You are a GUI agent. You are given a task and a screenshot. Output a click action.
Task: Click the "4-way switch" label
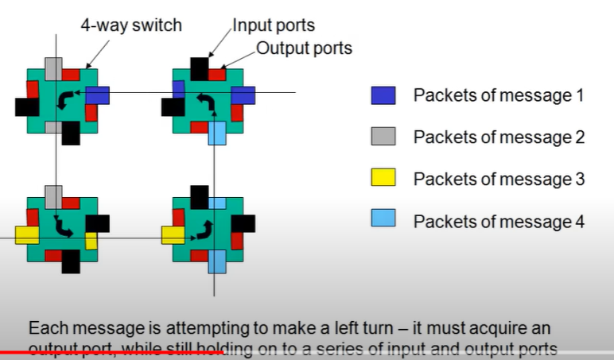[x=130, y=25]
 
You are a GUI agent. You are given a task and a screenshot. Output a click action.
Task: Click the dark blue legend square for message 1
[x=383, y=95]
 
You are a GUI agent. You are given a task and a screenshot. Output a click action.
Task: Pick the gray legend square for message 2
[x=383, y=137]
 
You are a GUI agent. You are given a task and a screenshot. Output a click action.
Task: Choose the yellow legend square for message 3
[x=383, y=179]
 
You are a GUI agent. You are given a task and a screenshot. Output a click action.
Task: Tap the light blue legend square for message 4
[x=383, y=221]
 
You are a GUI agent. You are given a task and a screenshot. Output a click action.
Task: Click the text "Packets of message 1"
[x=499, y=95]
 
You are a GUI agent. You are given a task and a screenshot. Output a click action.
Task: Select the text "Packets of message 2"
[x=499, y=137]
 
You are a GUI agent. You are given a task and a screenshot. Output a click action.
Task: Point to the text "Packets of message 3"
[x=499, y=179]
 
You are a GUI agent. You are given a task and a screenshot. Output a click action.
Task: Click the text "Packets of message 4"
[x=499, y=221]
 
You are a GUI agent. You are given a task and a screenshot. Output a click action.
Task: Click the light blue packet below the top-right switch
[x=216, y=132]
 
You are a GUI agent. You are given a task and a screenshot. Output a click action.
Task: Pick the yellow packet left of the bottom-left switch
[x=26, y=234]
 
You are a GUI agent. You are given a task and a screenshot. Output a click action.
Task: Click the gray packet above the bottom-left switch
[x=53, y=195]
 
